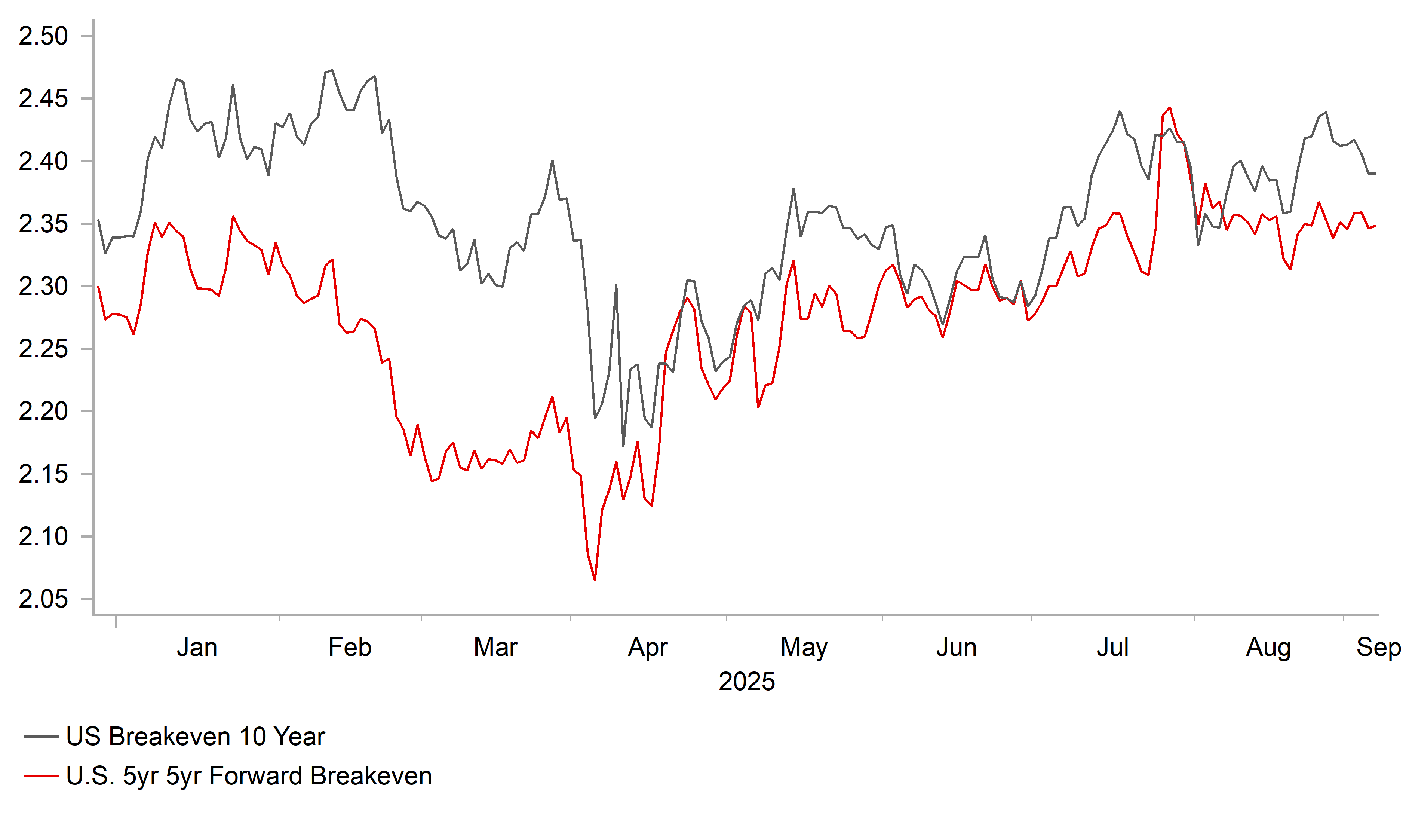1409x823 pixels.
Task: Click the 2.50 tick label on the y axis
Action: coord(43,36)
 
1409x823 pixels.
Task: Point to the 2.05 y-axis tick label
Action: coord(43,599)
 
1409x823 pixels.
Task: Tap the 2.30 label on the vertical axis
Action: coord(43,287)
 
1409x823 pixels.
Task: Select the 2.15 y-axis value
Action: coord(43,474)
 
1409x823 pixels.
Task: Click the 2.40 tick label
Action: coord(43,161)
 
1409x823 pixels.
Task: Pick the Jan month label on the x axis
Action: coord(197,647)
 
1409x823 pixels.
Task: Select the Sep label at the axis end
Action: coord(1378,647)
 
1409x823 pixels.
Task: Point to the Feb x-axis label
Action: coord(350,647)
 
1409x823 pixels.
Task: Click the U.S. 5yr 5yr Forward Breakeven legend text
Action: coord(249,776)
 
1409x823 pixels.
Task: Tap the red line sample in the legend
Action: coord(41,776)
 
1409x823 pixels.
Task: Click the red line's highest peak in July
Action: coord(1170,108)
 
